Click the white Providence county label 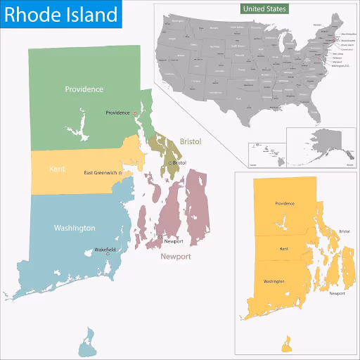coord(84,89)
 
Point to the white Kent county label coord(57,169)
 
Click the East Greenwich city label coord(101,173)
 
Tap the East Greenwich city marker coord(121,172)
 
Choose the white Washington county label coord(75,229)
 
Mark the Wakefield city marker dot coord(107,255)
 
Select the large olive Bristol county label coord(191,141)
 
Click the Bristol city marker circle coord(170,163)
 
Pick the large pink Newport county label coord(176,257)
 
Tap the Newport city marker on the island coord(160,237)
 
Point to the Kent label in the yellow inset coord(284,249)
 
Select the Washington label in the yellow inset coord(274,281)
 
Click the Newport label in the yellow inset coord(337,292)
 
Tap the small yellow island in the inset coord(286,344)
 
